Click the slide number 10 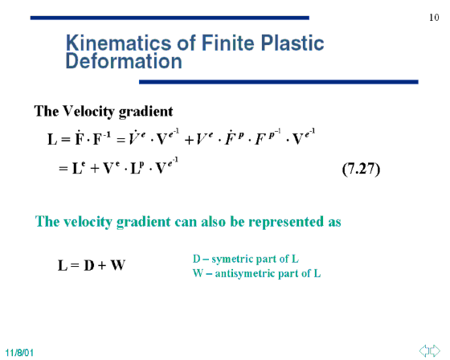(x=434, y=18)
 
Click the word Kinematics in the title (x=119, y=43)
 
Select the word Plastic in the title (x=292, y=43)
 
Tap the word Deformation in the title (x=124, y=61)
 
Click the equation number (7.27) (x=361, y=169)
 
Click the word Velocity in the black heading (x=89, y=112)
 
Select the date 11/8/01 (x=19, y=353)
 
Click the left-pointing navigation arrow (x=424, y=350)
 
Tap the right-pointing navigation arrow (x=435, y=350)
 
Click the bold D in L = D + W (x=89, y=265)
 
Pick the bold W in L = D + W (x=117, y=265)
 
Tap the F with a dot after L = (x=80, y=139)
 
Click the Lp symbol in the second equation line (x=137, y=168)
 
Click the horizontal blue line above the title (x=170, y=18)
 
